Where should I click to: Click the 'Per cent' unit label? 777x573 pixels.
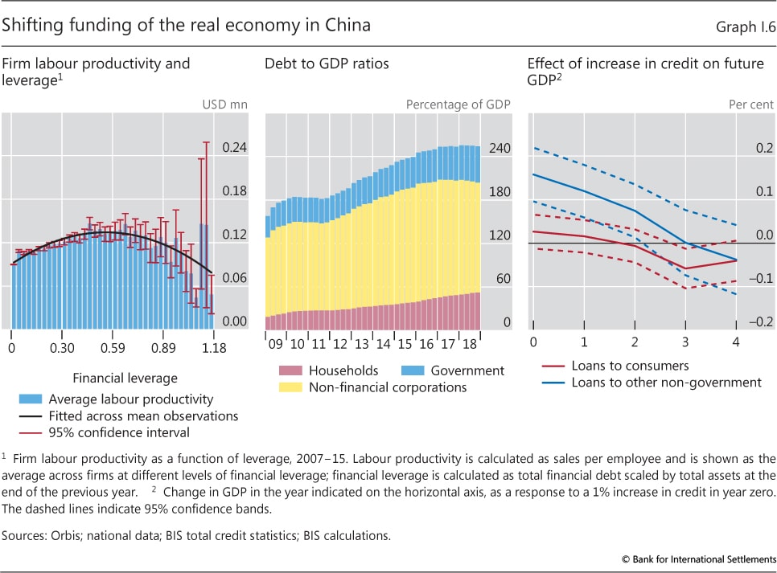pyautogui.click(x=746, y=103)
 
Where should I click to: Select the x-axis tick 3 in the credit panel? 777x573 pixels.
pyautogui.click(x=685, y=342)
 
